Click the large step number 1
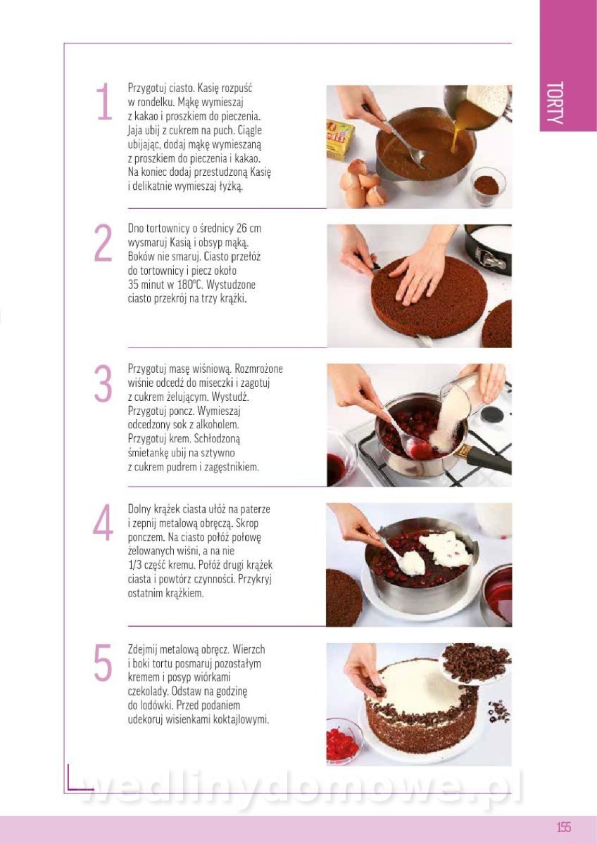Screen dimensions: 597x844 (104, 101)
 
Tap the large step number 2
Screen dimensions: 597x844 (103, 243)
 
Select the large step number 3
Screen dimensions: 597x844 (103, 383)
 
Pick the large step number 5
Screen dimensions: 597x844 (103, 662)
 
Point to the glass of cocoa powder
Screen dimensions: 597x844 (489, 186)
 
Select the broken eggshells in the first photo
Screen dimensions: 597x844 (362, 183)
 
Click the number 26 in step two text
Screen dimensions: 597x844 (231, 229)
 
